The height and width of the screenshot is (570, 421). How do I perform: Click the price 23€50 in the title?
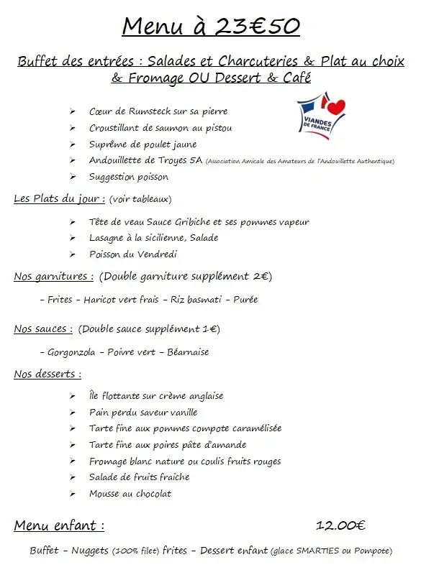pos(255,27)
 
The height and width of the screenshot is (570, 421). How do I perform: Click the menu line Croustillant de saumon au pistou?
pos(160,128)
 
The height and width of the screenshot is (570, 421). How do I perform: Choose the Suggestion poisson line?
pos(128,177)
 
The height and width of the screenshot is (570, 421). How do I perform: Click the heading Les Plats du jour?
pos(60,198)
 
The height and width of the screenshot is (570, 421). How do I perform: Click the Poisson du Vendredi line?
pos(132,254)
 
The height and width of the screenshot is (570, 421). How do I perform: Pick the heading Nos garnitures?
pos(53,276)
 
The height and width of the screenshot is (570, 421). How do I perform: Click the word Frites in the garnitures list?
pos(60,300)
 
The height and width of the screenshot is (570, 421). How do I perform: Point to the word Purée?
pos(245,300)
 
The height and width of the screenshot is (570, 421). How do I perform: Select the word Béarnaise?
pos(188,352)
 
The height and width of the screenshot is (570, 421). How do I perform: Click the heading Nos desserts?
pos(47,374)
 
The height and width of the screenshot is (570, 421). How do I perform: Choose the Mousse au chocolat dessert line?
pos(130,494)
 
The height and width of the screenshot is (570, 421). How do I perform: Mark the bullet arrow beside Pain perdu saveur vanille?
pos(73,413)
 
